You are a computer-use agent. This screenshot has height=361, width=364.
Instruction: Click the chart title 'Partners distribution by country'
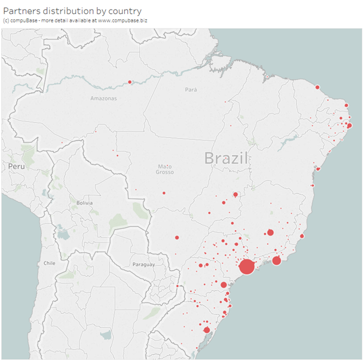point(72,11)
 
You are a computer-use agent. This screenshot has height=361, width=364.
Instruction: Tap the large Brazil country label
point(226,158)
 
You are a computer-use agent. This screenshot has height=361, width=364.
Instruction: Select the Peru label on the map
point(16,166)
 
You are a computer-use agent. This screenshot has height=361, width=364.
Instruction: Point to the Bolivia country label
point(84,203)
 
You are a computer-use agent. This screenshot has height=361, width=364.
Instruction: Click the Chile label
point(49,263)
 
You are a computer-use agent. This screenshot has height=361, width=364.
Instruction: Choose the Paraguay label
point(143,264)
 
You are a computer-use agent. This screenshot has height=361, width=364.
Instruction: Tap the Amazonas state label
point(103,98)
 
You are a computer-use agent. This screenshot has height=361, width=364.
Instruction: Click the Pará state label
point(191,90)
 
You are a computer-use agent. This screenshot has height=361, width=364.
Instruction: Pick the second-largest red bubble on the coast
point(277,261)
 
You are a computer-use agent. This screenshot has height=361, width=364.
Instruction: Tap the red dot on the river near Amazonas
point(129,82)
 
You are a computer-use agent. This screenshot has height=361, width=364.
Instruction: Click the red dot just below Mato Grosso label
point(164,193)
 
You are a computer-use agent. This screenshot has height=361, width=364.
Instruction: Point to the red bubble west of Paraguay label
point(177,238)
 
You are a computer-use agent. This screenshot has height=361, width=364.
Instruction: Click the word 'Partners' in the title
point(23,11)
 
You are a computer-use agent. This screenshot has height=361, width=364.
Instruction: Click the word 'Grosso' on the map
point(165,173)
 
